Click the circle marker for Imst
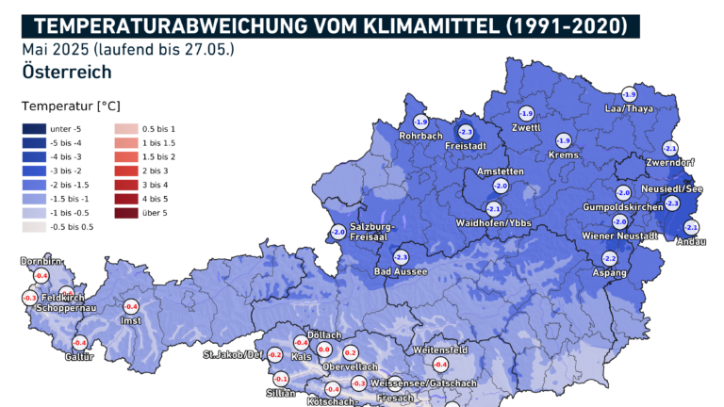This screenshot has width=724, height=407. click(131, 307)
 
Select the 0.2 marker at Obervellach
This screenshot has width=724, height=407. click(351, 352)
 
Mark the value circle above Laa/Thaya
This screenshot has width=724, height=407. click(629, 95)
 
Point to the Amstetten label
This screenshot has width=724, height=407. click(500, 171)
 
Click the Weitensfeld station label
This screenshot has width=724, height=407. click(440, 350)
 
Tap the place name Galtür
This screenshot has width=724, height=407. click(79, 356)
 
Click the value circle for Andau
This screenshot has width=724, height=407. click(691, 228)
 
